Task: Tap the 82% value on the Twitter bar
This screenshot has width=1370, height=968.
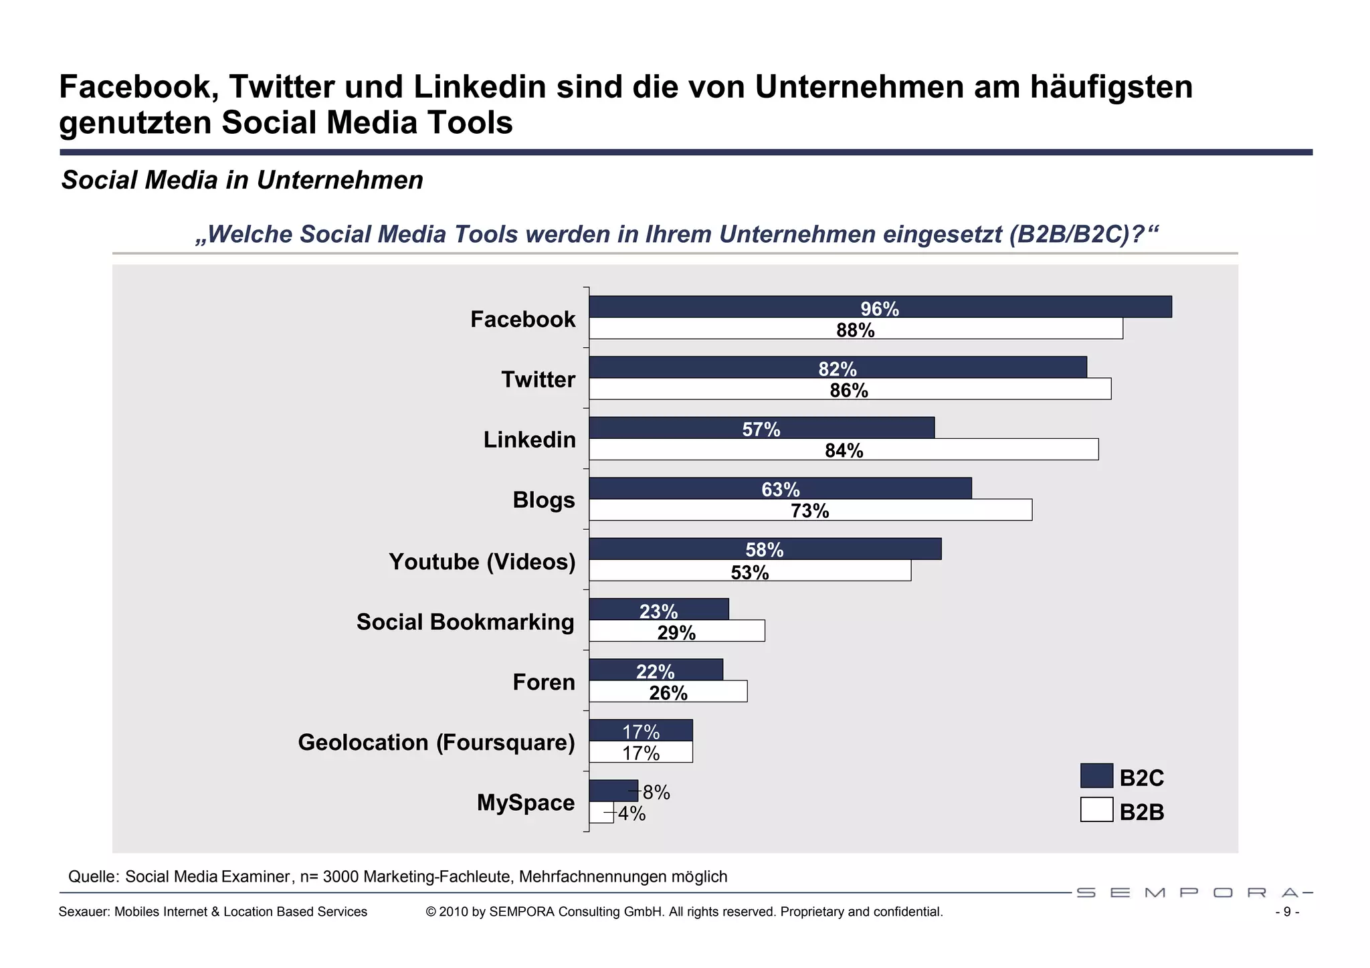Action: (838, 369)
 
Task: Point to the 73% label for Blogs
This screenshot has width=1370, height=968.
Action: (809, 511)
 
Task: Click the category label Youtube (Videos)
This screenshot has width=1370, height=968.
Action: (482, 561)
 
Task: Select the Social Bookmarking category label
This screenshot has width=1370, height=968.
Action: (465, 621)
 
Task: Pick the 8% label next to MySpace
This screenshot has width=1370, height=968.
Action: (656, 793)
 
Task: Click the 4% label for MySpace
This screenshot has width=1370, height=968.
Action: (631, 814)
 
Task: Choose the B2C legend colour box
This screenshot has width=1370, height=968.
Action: (1096, 776)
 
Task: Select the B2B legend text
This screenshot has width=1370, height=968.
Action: (1141, 812)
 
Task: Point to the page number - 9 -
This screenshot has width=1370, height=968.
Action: (1287, 912)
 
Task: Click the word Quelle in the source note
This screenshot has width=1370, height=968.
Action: (93, 876)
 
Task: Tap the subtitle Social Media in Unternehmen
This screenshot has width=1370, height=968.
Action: (242, 180)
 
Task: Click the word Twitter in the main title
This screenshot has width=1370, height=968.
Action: (282, 87)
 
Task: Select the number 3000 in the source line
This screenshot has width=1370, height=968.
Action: (341, 876)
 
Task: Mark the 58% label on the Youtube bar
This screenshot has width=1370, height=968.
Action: (764, 550)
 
